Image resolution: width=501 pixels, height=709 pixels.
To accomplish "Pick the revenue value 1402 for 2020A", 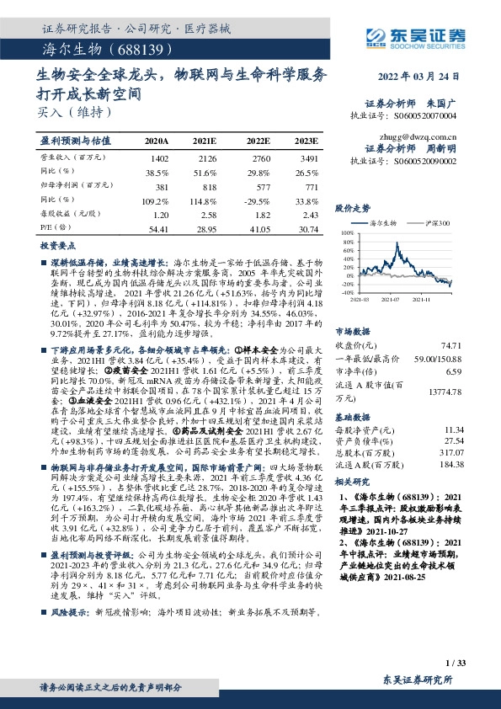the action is (158, 157).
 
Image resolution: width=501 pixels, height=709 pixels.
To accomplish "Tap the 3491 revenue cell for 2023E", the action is (309, 157).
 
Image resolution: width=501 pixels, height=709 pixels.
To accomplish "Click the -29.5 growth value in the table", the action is (258, 200).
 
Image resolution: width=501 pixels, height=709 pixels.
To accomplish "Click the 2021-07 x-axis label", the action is (391, 298).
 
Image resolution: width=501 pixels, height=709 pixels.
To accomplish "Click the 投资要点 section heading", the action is (52, 245).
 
